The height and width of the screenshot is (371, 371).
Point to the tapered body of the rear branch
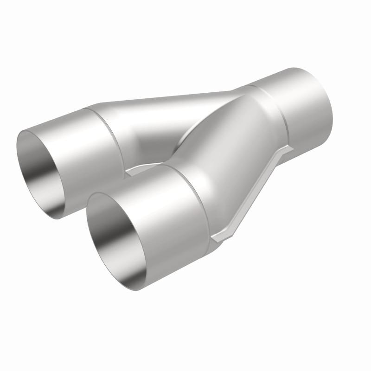coord(176,111)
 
